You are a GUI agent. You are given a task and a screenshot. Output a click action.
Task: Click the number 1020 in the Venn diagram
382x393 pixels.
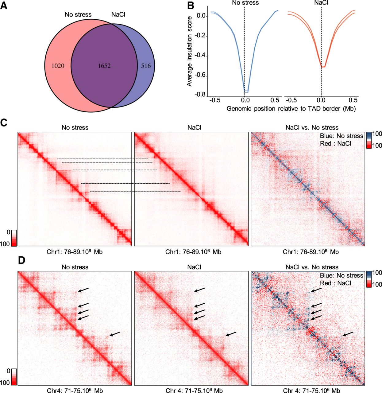pos(58,66)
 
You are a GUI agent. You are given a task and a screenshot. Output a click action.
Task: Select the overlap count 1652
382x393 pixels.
pos(104,66)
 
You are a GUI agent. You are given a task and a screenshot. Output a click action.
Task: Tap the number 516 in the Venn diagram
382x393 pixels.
pos(146,66)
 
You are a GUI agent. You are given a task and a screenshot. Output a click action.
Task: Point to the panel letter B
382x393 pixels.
pos(191,6)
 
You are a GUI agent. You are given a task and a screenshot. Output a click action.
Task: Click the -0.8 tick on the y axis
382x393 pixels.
pos(200,95)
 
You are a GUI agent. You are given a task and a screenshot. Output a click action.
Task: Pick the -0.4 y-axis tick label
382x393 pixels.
pos(200,56)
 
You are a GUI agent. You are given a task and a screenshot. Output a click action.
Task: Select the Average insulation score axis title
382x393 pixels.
pos(189,51)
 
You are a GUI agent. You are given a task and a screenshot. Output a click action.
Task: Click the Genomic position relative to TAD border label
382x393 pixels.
pos(291,109)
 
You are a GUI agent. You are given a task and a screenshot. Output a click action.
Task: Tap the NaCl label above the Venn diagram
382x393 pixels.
pos(118,14)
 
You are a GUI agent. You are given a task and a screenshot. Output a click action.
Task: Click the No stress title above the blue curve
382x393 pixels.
pos(245,2)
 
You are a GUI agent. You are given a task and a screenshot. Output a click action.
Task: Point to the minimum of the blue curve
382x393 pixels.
pos(246,92)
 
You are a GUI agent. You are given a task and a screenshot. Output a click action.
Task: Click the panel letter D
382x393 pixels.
pos(21,260)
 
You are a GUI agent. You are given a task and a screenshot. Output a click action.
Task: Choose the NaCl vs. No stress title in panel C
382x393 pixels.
pos(312,127)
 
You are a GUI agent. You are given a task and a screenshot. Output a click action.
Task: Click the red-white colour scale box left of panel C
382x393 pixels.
pos(14,238)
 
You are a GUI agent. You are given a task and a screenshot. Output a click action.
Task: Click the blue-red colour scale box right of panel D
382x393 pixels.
pos(369,279)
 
